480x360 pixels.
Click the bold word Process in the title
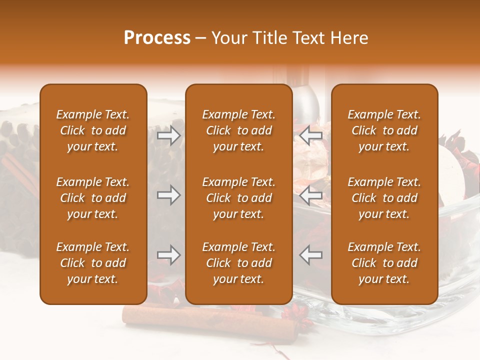coord(157,38)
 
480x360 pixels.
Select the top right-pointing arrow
coord(169,135)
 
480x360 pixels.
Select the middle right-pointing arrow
coord(169,195)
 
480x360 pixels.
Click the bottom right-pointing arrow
coord(169,255)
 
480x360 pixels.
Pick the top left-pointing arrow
coord(311,135)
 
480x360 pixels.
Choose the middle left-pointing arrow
coord(311,195)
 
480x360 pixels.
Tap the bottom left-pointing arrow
coord(311,255)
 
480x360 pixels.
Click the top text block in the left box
coord(93,130)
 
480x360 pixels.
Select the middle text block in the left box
coord(93,198)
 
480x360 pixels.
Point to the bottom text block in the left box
coord(93,263)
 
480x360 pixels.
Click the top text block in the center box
coord(238,130)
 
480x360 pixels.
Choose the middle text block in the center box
coord(238,198)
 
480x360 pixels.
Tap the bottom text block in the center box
coord(238,263)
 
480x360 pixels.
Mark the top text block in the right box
coord(384,130)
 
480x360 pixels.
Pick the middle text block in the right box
coord(384,198)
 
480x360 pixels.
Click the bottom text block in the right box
coord(384,263)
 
